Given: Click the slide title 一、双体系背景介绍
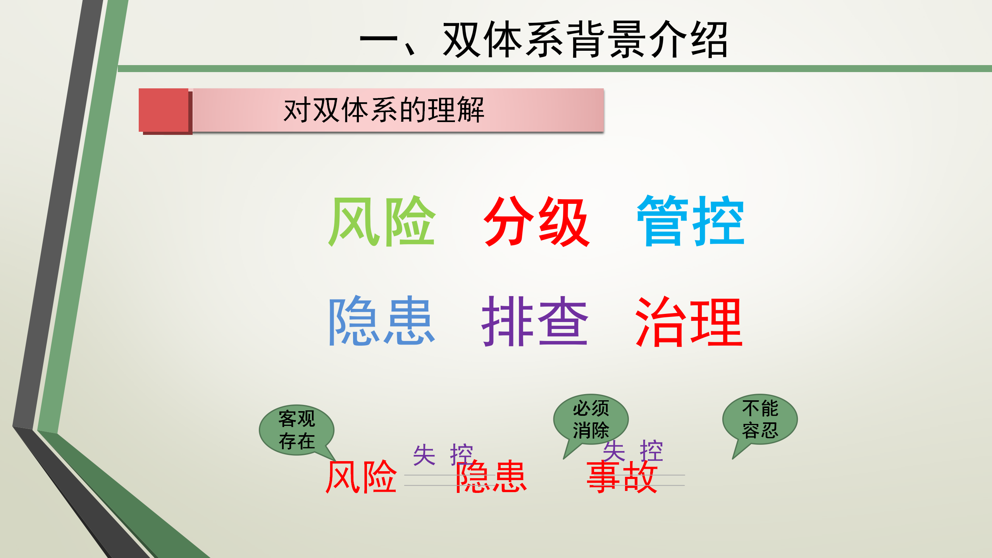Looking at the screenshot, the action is click(543, 40).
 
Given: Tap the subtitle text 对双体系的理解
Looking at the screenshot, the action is click(384, 110).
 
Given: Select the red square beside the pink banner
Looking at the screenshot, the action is click(164, 110).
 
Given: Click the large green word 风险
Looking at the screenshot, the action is click(382, 221).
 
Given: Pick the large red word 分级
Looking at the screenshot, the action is click(537, 221).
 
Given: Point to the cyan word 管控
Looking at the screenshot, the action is click(691, 221).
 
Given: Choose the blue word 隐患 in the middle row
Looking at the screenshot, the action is click(382, 321).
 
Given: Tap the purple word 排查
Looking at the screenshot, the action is click(535, 321).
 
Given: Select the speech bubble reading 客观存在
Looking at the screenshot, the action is click(296, 430).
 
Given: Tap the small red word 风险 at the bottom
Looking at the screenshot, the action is click(361, 477).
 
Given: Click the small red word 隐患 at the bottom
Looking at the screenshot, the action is click(491, 477).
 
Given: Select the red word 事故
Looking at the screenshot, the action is click(622, 477).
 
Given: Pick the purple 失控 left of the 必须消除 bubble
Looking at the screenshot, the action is click(443, 455).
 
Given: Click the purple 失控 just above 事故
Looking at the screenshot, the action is click(633, 451).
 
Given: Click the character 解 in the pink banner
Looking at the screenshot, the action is click(471, 110).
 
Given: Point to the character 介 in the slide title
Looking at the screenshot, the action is click(667, 40).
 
